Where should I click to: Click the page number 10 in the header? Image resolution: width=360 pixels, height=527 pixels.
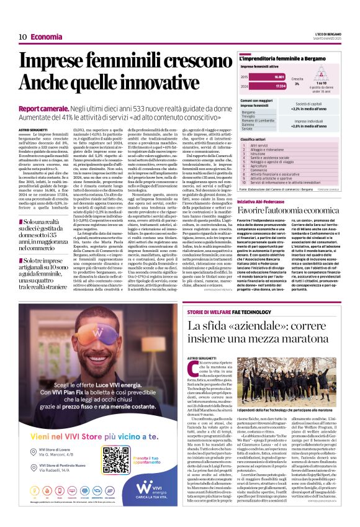pyautogui.click(x=22, y=37)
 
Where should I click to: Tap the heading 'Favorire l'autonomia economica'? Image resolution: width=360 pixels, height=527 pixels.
pyautogui.click(x=290, y=211)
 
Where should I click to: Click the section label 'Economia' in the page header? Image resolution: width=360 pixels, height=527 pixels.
pyautogui.click(x=47, y=37)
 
